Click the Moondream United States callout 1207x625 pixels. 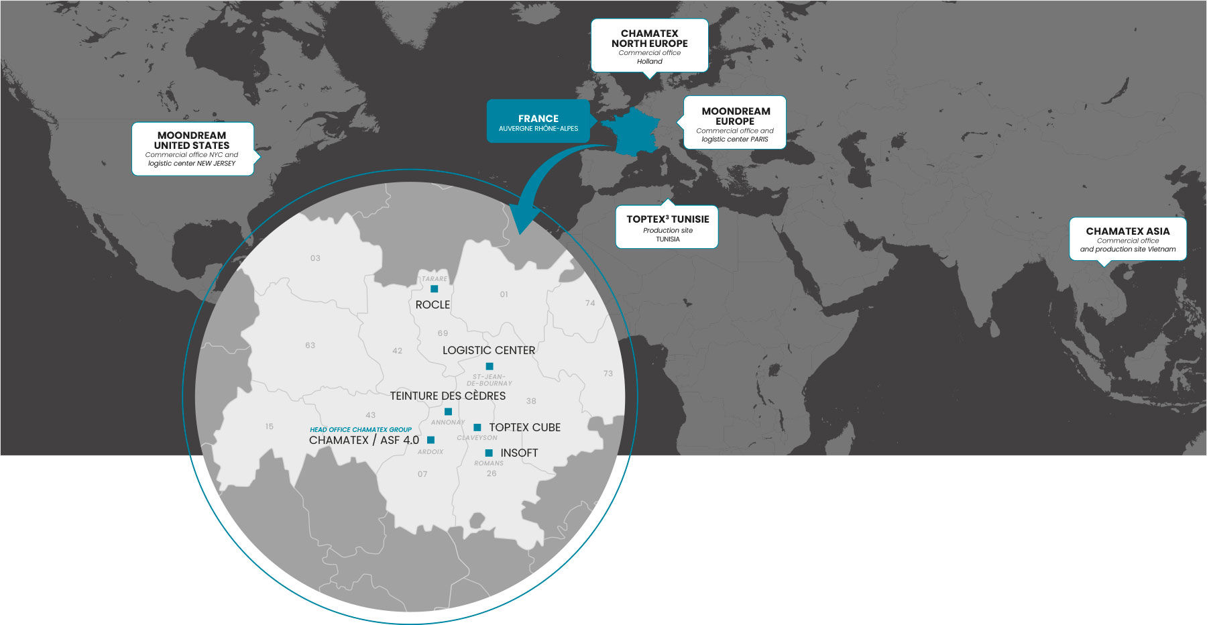tap(192, 149)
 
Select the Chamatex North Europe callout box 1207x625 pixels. tap(649, 46)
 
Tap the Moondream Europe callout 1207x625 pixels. tap(735, 123)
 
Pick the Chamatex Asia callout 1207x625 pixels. tap(1127, 239)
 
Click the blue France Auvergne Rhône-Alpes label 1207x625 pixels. tap(538, 121)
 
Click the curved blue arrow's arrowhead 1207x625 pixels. tap(525, 219)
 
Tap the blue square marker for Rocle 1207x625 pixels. tap(435, 289)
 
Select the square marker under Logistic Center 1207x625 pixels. tap(490, 366)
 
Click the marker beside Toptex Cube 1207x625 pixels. tap(477, 427)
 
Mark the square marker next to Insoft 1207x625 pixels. tap(489, 453)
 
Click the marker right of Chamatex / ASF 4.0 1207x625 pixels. tap(430, 440)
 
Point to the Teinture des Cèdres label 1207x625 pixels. tap(448, 396)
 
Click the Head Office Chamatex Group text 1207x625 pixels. tap(361, 430)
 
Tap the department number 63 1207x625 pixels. tap(310, 345)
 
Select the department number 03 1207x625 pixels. tap(315, 258)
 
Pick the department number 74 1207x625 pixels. tap(590, 303)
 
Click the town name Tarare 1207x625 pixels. tap(435, 279)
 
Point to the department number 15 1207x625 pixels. tap(269, 427)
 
